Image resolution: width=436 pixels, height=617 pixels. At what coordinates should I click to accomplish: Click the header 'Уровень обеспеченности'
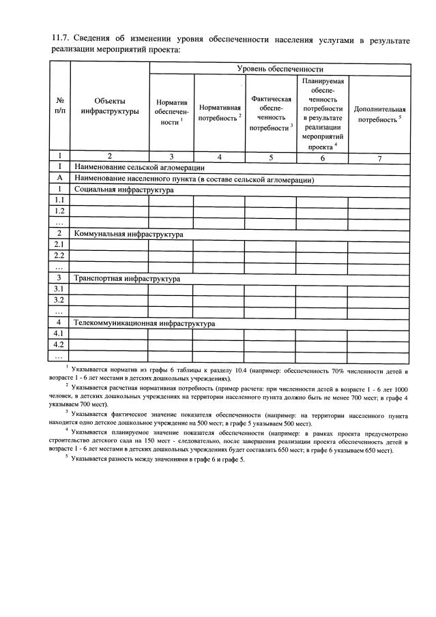coord(280,69)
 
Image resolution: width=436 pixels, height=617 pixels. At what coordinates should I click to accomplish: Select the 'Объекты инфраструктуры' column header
coord(110,106)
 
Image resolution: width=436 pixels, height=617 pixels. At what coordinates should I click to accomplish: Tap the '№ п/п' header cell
coord(60,106)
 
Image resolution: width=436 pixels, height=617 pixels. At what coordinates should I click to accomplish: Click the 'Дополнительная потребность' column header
coord(379,114)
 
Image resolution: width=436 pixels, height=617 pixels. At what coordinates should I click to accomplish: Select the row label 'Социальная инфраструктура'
coord(123,190)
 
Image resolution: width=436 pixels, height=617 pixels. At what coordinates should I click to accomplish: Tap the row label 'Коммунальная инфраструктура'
coord(129,234)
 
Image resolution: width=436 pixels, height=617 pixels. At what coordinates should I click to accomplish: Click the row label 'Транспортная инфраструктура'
coord(127,278)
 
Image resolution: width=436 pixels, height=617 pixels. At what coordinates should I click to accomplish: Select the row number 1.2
coord(59,211)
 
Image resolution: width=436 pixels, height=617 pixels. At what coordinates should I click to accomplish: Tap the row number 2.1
coord(59,245)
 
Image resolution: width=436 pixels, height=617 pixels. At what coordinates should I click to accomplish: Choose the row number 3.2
coord(59,300)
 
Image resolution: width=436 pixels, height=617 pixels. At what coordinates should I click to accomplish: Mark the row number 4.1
coord(59,333)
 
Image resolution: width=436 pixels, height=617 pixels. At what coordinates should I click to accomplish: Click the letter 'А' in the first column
coord(59,179)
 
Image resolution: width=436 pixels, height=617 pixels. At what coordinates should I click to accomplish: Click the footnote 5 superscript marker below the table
coord(67,457)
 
